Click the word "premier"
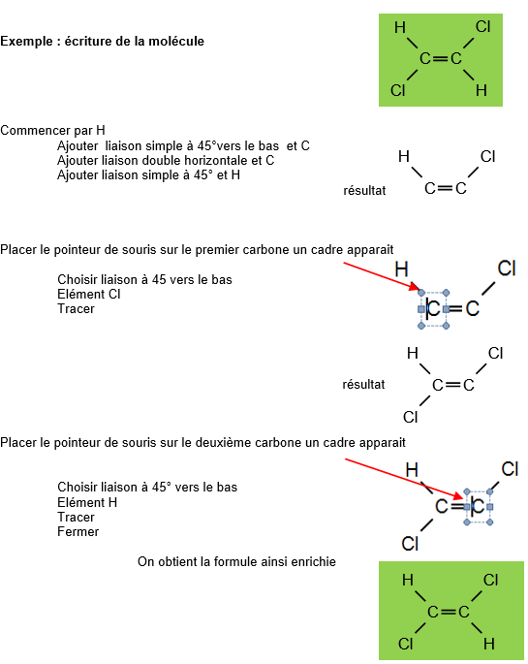point(214,250)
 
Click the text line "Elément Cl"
point(89,295)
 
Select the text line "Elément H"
point(87,503)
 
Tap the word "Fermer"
point(78,532)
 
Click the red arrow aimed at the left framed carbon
point(381,276)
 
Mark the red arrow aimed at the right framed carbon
point(404,479)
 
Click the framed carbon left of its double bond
point(433,308)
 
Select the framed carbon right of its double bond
point(478,506)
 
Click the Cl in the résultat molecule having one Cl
point(487,157)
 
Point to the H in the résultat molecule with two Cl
point(412,353)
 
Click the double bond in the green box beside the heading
point(441,58)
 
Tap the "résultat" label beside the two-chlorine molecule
point(364,385)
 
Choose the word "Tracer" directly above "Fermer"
point(76,518)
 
